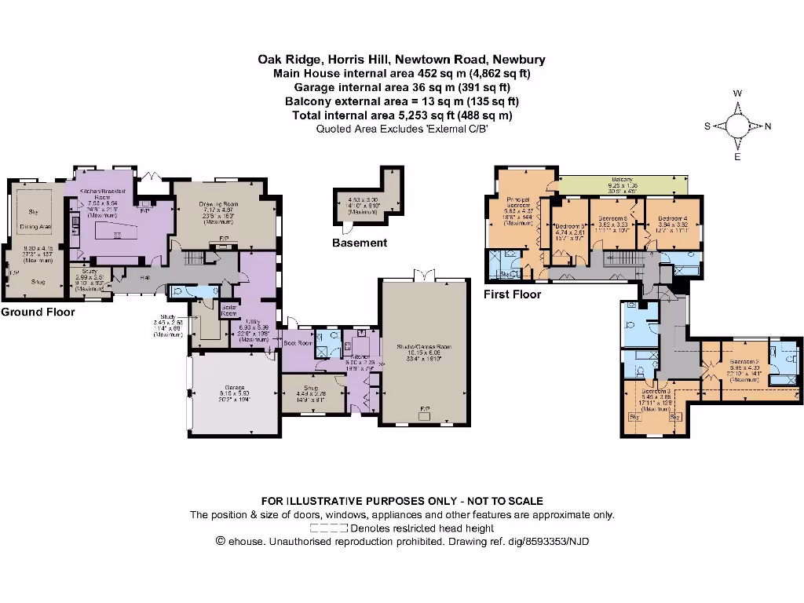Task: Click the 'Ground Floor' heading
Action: [x=38, y=312]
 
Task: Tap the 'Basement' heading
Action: [x=359, y=243]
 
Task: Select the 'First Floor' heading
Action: [x=512, y=294]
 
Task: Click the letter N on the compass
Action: [x=768, y=126]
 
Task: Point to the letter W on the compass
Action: [x=738, y=93]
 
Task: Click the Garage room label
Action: [x=234, y=388]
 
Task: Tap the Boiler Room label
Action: [x=229, y=309]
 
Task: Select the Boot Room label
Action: [x=299, y=343]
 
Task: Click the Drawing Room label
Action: [x=218, y=204]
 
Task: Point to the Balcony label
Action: [x=623, y=180]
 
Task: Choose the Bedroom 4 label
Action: [x=672, y=218]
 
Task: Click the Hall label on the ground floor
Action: [x=145, y=277]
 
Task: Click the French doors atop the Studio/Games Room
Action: [x=425, y=275]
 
